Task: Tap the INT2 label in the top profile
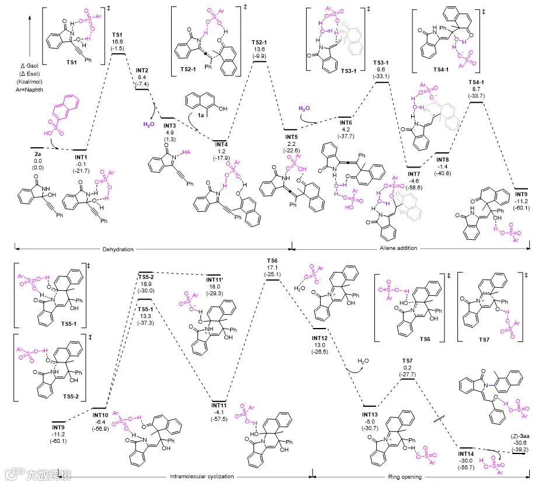tap(142, 70)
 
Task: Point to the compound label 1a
tap(200, 116)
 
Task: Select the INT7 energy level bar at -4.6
tap(414, 166)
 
